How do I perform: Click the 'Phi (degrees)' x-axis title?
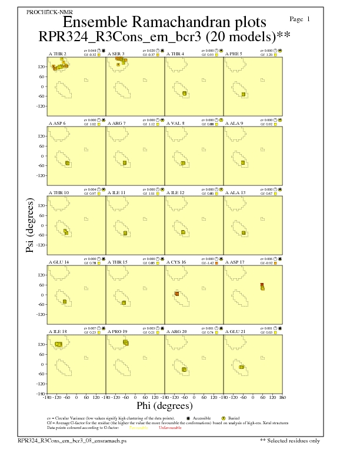[164, 406]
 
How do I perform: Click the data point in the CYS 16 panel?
[177, 294]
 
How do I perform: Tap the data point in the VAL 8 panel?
[183, 163]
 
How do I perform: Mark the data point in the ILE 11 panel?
[125, 233]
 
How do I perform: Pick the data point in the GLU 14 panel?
[65, 302]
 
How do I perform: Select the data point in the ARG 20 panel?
[184, 369]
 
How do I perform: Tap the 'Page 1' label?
[301, 19]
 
